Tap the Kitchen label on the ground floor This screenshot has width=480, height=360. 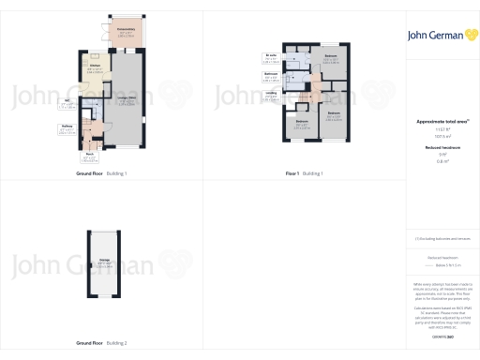(96, 68)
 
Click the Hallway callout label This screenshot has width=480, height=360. (67, 127)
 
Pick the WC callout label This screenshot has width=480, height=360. (67, 103)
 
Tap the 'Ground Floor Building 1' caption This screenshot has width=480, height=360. (101, 174)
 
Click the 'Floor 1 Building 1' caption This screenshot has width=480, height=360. (304, 174)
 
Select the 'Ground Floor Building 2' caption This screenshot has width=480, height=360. (101, 343)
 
